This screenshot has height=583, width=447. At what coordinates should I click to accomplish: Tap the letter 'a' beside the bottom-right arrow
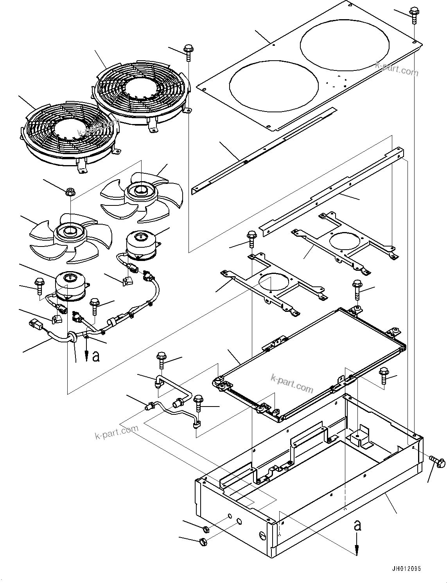(357, 526)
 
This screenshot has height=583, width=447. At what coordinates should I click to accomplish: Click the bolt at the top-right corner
(413, 15)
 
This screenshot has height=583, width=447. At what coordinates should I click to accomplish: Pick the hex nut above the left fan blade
(70, 192)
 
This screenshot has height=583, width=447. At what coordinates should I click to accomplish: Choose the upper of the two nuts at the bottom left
(206, 530)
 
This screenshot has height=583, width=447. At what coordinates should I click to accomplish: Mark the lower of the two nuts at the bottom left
(203, 542)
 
